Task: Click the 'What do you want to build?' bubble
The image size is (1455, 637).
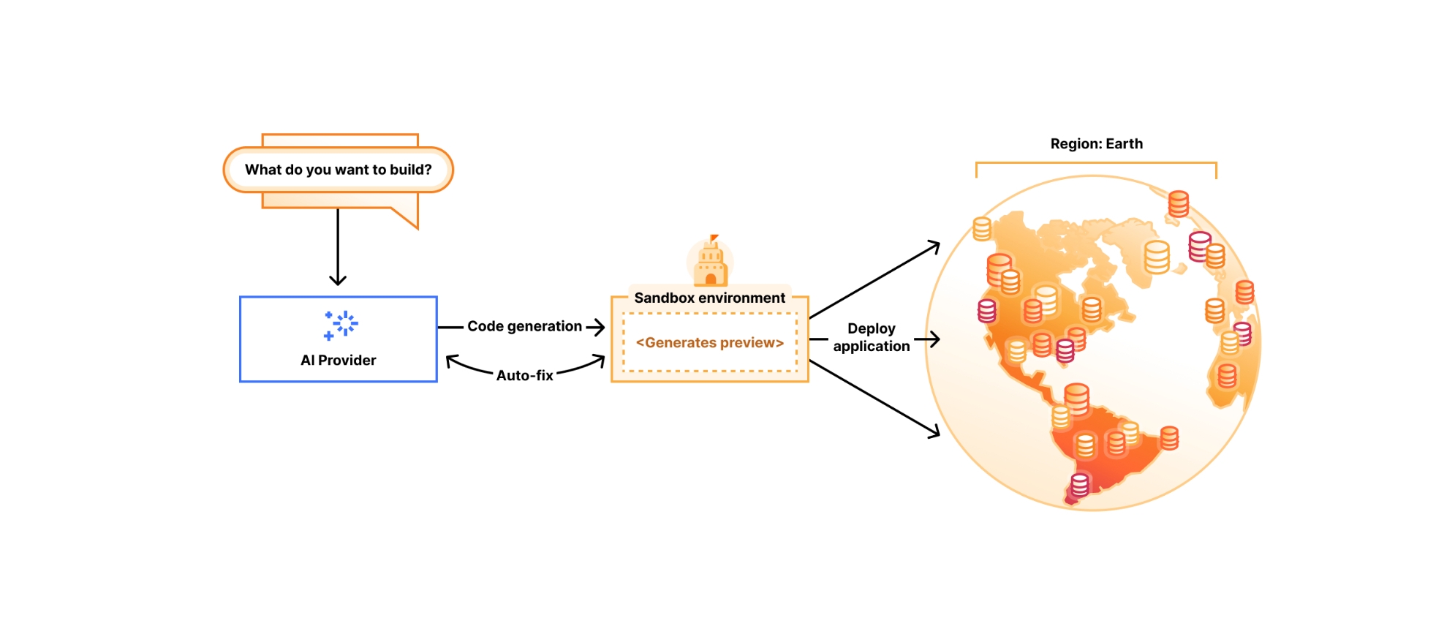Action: click(x=338, y=170)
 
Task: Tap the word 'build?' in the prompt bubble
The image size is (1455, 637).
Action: click(x=410, y=170)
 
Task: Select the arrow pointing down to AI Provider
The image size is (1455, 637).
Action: click(x=338, y=249)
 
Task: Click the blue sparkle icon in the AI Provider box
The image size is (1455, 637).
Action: click(x=341, y=325)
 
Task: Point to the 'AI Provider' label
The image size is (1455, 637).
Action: click(x=338, y=360)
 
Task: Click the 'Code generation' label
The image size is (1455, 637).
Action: click(x=524, y=326)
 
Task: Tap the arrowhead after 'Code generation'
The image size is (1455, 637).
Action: click(x=599, y=327)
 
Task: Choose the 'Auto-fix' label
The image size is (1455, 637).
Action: click(x=524, y=375)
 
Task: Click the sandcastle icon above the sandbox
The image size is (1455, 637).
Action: click(x=710, y=262)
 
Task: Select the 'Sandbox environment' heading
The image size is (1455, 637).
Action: click(x=709, y=298)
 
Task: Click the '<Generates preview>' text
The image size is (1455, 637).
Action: click(x=709, y=342)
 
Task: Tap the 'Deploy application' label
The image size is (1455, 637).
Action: click(x=871, y=337)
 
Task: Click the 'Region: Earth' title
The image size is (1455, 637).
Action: click(x=1096, y=144)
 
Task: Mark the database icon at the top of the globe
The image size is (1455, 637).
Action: click(x=1178, y=203)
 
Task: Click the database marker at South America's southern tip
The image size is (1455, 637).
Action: click(x=1079, y=485)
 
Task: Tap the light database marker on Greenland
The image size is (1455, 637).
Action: click(x=1157, y=257)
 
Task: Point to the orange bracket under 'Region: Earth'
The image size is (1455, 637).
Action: click(x=1096, y=163)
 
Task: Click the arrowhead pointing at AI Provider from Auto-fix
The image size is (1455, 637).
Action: click(x=452, y=361)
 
